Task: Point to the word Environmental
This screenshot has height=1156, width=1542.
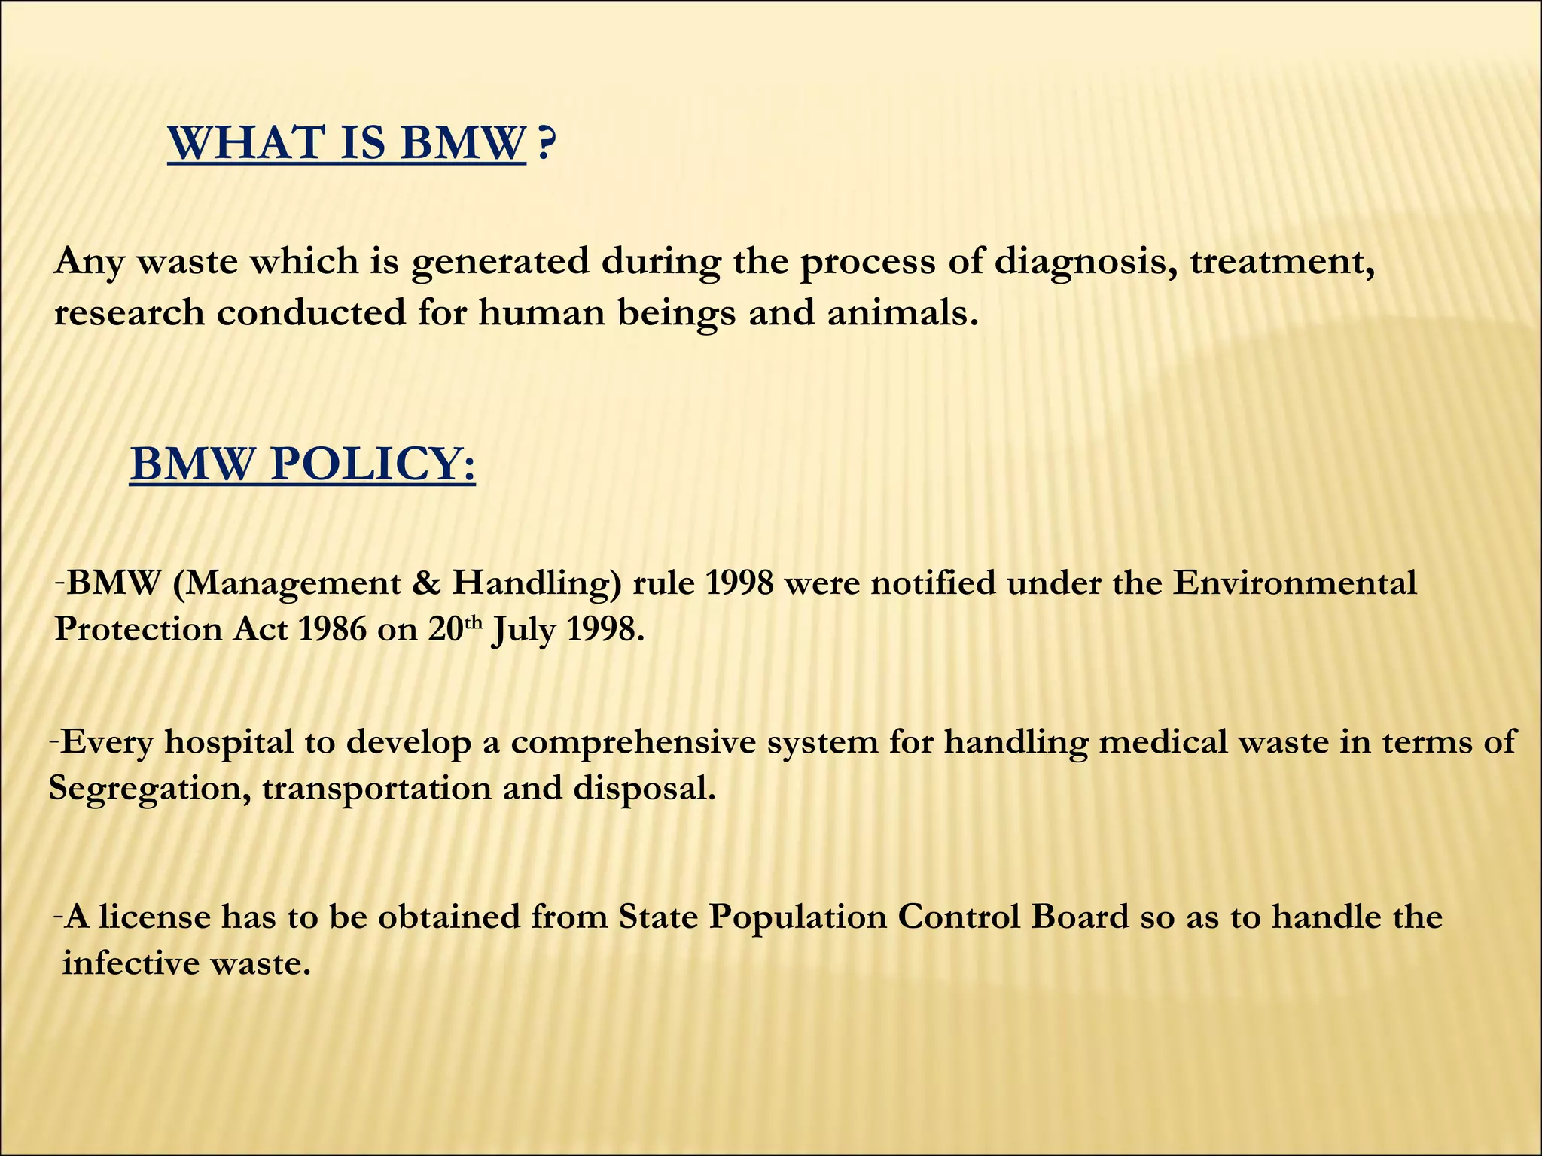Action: pos(1294,583)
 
